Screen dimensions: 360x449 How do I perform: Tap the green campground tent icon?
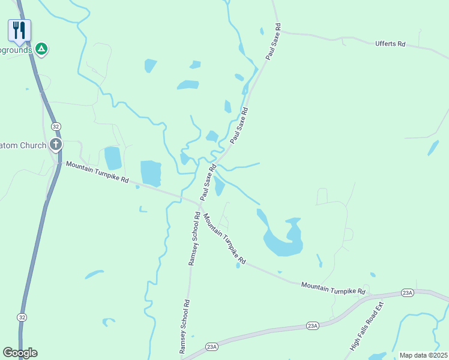[x=41, y=49]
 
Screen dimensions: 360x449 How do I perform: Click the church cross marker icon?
[x=56, y=144]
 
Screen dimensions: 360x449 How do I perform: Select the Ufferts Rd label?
[x=390, y=44]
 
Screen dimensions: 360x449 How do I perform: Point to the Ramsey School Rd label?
[x=193, y=238]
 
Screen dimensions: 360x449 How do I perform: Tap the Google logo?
[x=20, y=352]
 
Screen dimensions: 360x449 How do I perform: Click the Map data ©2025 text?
[x=423, y=355]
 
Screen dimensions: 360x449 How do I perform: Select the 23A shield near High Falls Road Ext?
[x=312, y=325]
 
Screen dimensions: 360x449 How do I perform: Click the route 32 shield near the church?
[x=56, y=127]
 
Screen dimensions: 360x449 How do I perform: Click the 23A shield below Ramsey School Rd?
[x=211, y=346]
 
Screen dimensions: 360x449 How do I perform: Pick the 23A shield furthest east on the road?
[x=408, y=293]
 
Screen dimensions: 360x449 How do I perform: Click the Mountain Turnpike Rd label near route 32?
[x=97, y=172]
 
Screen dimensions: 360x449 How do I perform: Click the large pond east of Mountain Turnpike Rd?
[x=282, y=241]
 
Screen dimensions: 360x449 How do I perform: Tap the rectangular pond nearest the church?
[x=113, y=158]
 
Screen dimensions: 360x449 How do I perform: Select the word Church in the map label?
[x=32, y=145]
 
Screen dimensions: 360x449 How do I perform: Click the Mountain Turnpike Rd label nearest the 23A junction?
[x=333, y=288]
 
